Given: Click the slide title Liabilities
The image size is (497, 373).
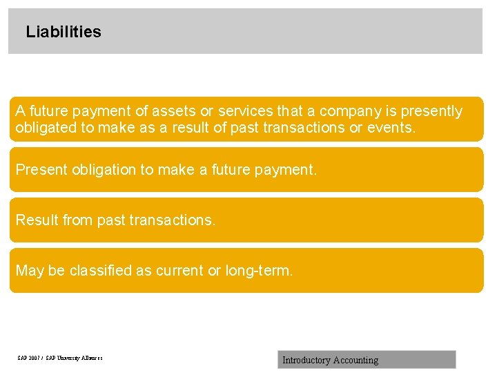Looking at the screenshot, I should click(x=63, y=32).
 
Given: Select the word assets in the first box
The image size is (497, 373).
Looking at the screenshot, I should click(x=174, y=111).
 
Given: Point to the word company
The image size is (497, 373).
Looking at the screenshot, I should click(x=349, y=111).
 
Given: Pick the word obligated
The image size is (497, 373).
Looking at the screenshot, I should click(x=46, y=128).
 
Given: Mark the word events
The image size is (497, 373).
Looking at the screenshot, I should click(x=391, y=128).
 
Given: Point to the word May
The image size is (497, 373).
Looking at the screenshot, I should click(x=29, y=271).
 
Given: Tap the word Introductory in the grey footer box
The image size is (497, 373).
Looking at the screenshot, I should click(x=306, y=360).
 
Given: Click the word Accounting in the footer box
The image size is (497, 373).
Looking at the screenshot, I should click(x=355, y=360).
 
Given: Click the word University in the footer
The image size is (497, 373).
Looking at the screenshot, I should click(x=65, y=358).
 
